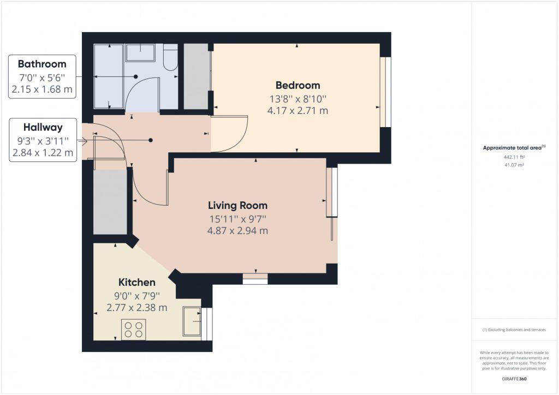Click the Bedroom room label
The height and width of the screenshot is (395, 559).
pyautogui.click(x=298, y=86)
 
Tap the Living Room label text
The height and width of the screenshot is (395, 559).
pyautogui.click(x=237, y=206)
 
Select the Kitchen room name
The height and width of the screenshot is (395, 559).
pyautogui.click(x=137, y=283)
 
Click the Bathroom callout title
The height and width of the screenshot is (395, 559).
pyautogui.click(x=42, y=64)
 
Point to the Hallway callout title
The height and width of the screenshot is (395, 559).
pyautogui.click(x=43, y=127)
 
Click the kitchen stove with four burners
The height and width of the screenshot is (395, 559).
pyautogui.click(x=133, y=330)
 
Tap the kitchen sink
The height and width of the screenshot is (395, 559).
pyautogui.click(x=192, y=322)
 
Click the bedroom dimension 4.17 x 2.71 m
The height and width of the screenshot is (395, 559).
pyautogui.click(x=298, y=111)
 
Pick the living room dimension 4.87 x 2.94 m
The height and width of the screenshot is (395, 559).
pyautogui.click(x=237, y=231)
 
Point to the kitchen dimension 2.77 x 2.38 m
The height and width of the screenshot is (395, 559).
pyautogui.click(x=137, y=308)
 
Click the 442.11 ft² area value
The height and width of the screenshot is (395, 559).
pyautogui.click(x=514, y=157)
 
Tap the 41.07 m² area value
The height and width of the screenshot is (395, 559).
pyautogui.click(x=514, y=165)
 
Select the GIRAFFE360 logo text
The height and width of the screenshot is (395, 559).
pyautogui.click(x=514, y=379)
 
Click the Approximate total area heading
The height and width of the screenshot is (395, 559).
pyautogui.click(x=514, y=147)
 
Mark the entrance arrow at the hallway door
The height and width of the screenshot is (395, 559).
pyautogui.click(x=82, y=142)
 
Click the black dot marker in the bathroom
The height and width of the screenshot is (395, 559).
pyautogui.click(x=135, y=76)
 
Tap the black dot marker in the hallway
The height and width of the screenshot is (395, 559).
pyautogui.click(x=151, y=140)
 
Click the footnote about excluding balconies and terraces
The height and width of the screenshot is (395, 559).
pyautogui.click(x=514, y=330)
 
